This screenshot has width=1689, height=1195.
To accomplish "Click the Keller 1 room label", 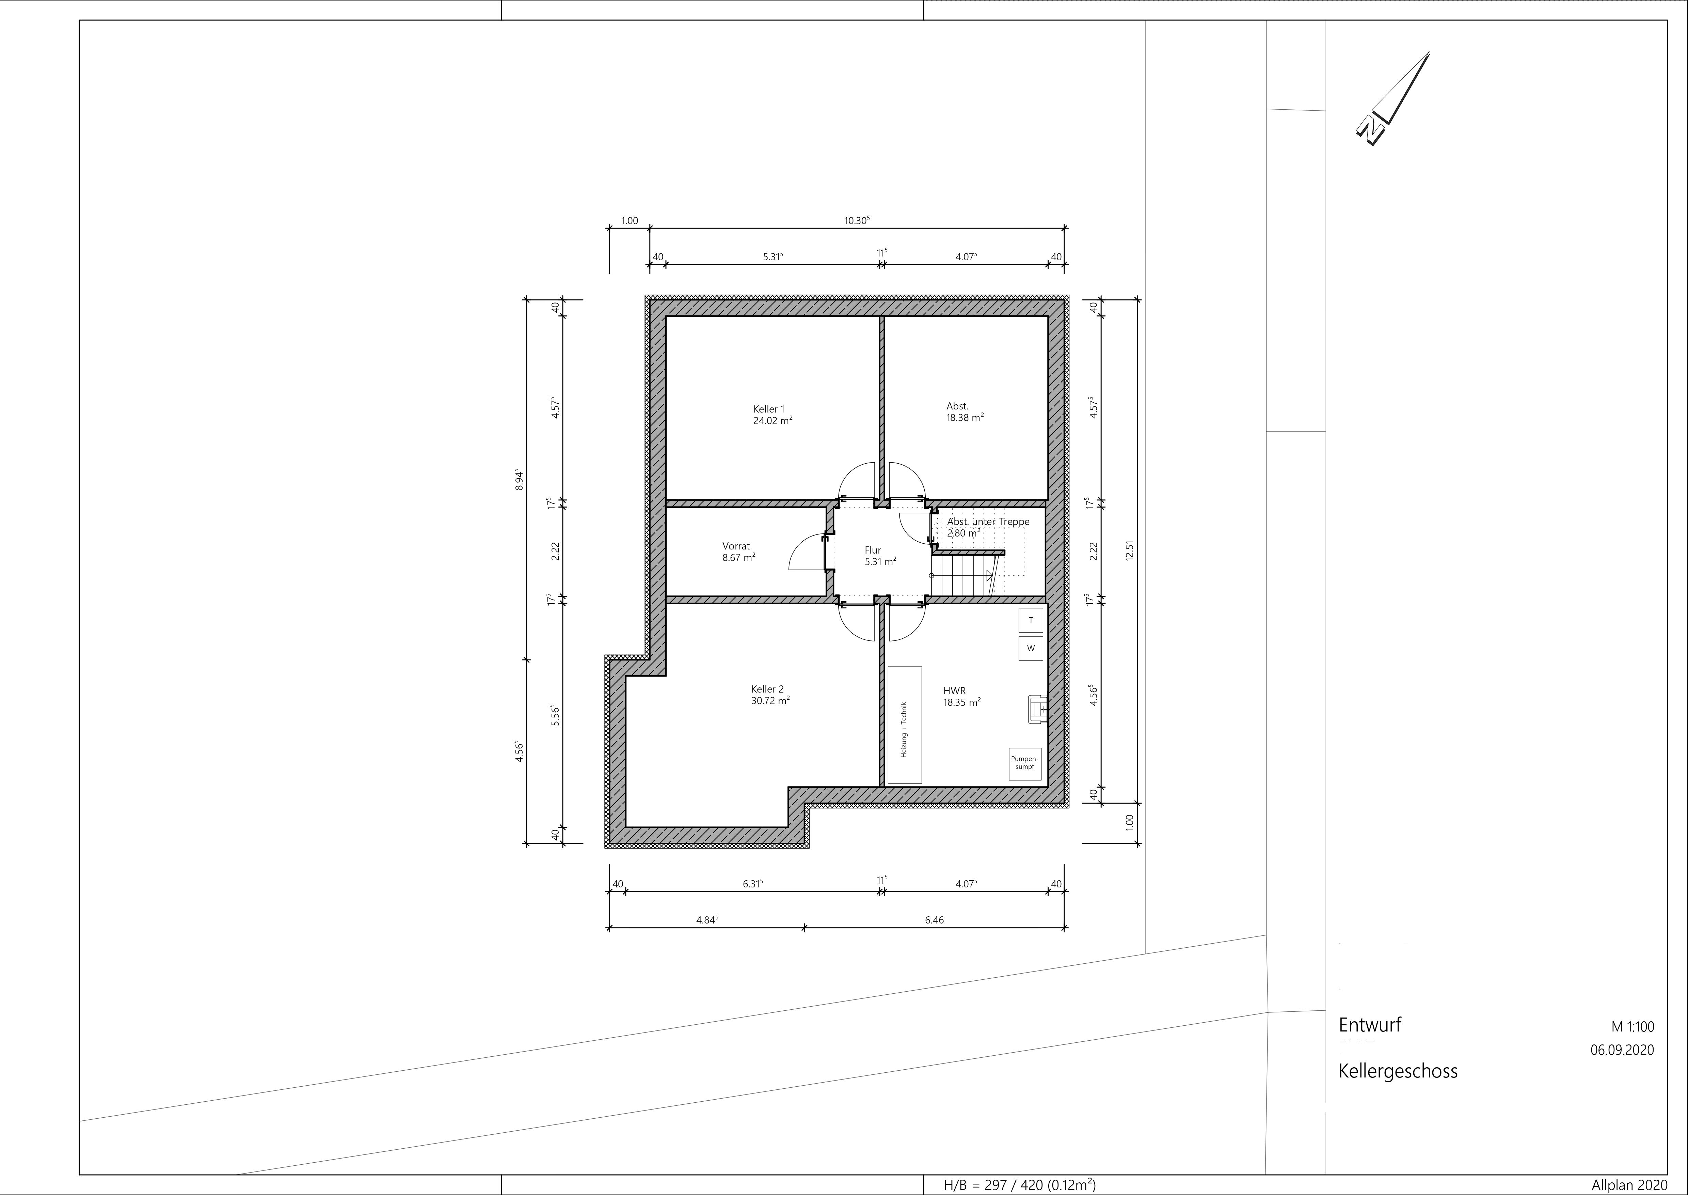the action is point(769,409).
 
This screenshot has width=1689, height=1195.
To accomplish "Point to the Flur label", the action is point(873,550).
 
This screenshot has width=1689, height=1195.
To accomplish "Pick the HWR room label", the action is point(954,691).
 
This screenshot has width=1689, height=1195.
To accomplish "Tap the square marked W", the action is point(1031,648).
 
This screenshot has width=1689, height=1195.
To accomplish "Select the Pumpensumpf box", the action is point(1025,763).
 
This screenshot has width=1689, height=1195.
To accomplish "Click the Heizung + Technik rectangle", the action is point(905,725).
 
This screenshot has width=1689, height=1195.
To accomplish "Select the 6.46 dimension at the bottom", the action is point(934,920).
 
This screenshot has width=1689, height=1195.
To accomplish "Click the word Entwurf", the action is point(1370,1025).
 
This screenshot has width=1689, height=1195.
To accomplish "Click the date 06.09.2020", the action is point(1622,1050).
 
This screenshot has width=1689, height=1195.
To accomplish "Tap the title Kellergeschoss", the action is point(1398,1071).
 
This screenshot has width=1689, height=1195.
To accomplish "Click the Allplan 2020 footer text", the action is point(1628,1185).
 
